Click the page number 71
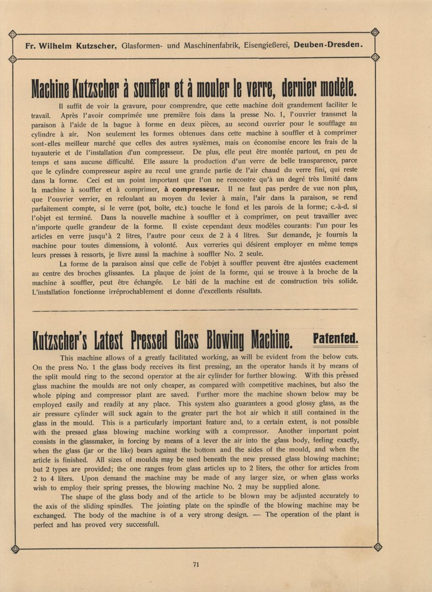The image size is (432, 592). (x=195, y=565)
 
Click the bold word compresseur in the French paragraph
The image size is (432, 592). (x=192, y=189)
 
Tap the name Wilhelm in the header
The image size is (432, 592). (x=55, y=45)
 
